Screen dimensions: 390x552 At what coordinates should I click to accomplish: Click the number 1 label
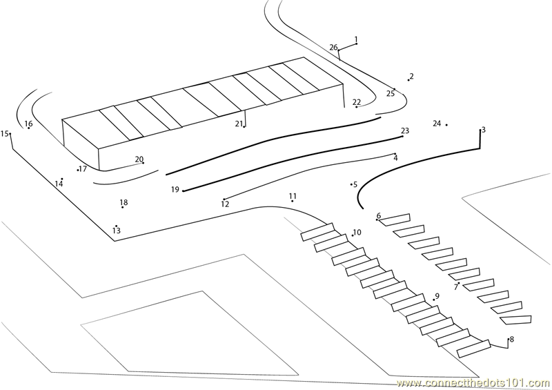pos(356,39)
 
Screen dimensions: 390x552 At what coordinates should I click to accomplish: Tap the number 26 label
pos(334,48)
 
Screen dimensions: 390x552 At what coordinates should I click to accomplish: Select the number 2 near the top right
pos(411,76)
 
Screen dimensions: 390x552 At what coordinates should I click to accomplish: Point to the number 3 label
pos(483,130)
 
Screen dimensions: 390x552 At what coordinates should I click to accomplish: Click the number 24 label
pos(437,124)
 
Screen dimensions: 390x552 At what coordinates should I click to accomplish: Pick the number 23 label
pos(405,130)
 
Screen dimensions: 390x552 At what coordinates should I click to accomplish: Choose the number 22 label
pos(357,102)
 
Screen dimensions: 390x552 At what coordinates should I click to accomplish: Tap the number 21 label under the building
pos(239,124)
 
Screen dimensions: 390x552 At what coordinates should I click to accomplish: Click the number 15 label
pos(5,134)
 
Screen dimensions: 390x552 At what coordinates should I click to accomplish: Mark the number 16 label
pos(28,124)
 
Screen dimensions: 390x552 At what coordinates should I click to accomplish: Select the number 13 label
pos(117,231)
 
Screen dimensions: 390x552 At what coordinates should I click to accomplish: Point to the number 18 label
pos(124,203)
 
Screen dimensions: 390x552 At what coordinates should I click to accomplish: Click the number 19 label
pos(175,190)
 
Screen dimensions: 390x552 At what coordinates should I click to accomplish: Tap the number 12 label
pos(225,204)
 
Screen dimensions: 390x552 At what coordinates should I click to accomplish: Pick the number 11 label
pos(293,196)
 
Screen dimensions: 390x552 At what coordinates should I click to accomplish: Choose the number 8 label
pos(511,339)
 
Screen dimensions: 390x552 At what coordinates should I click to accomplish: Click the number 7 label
pos(455,286)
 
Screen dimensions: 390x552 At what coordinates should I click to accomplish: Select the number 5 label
pos(355,184)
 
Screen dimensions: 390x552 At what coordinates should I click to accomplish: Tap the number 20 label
pos(139,159)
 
